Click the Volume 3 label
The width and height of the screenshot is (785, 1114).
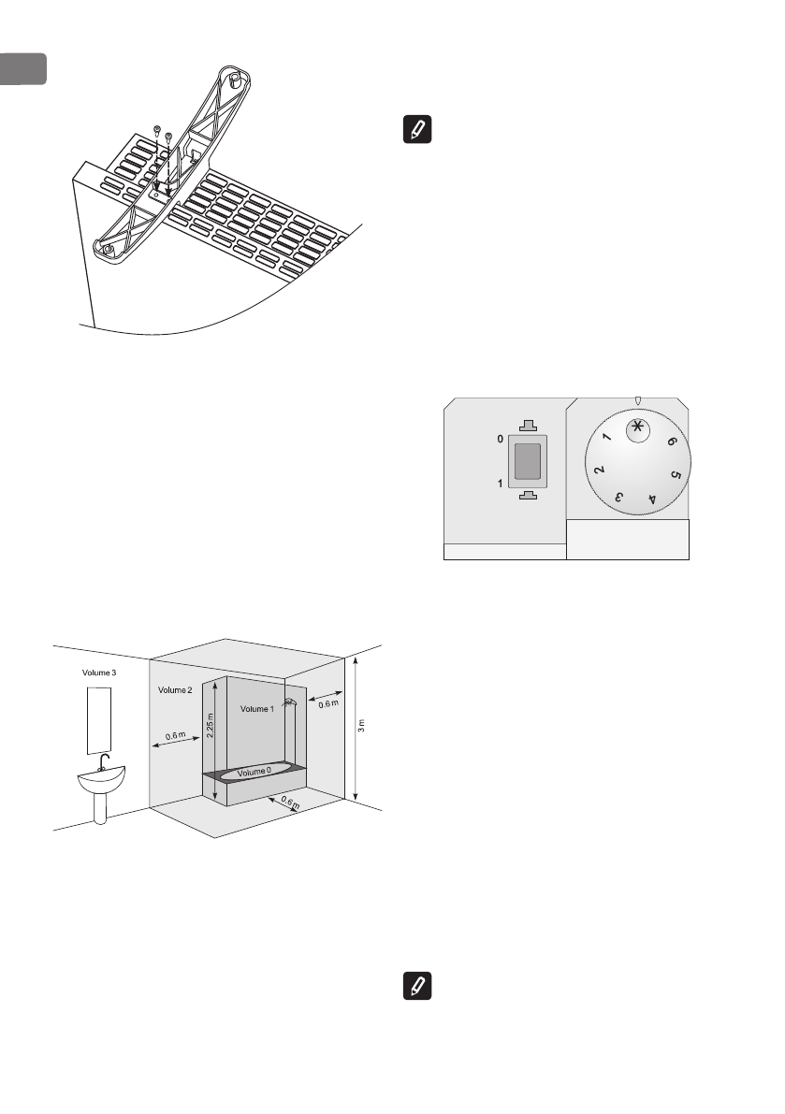pyautogui.click(x=98, y=673)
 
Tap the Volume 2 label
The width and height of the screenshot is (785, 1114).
pyautogui.click(x=175, y=690)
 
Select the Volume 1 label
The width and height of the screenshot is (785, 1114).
pyautogui.click(x=258, y=709)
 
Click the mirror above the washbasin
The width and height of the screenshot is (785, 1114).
pyautogui.click(x=98, y=719)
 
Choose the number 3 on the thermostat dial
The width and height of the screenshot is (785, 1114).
pyautogui.click(x=618, y=499)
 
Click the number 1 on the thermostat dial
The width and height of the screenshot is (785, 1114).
pyautogui.click(x=607, y=439)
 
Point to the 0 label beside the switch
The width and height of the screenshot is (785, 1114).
pyautogui.click(x=499, y=437)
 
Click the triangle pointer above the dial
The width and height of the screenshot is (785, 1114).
pyautogui.click(x=638, y=401)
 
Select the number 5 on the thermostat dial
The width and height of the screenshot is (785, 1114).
pyautogui.click(x=676, y=475)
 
